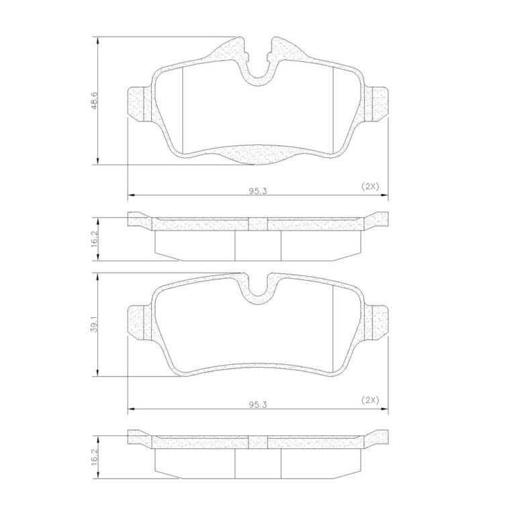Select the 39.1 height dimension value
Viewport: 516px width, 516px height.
pos(94,325)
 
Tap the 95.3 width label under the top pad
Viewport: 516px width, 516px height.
pos(258,191)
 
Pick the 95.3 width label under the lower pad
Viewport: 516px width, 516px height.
pos(258,404)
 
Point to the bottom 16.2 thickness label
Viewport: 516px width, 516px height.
pos(94,456)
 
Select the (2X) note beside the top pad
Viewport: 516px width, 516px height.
pos(370,186)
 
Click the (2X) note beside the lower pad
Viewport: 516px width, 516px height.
pos(370,400)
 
